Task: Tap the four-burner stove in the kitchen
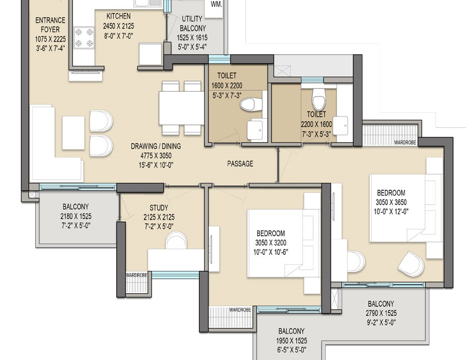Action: pyautogui.click(x=84, y=38)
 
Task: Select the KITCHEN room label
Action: pyautogui.click(x=118, y=16)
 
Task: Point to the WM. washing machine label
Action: pyautogui.click(x=216, y=4)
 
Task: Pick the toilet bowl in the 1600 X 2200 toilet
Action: pyautogui.click(x=252, y=104)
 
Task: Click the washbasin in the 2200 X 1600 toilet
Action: pyautogui.click(x=341, y=126)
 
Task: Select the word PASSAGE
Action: pyautogui.click(x=240, y=164)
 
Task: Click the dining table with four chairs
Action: pyautogui.click(x=181, y=108)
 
